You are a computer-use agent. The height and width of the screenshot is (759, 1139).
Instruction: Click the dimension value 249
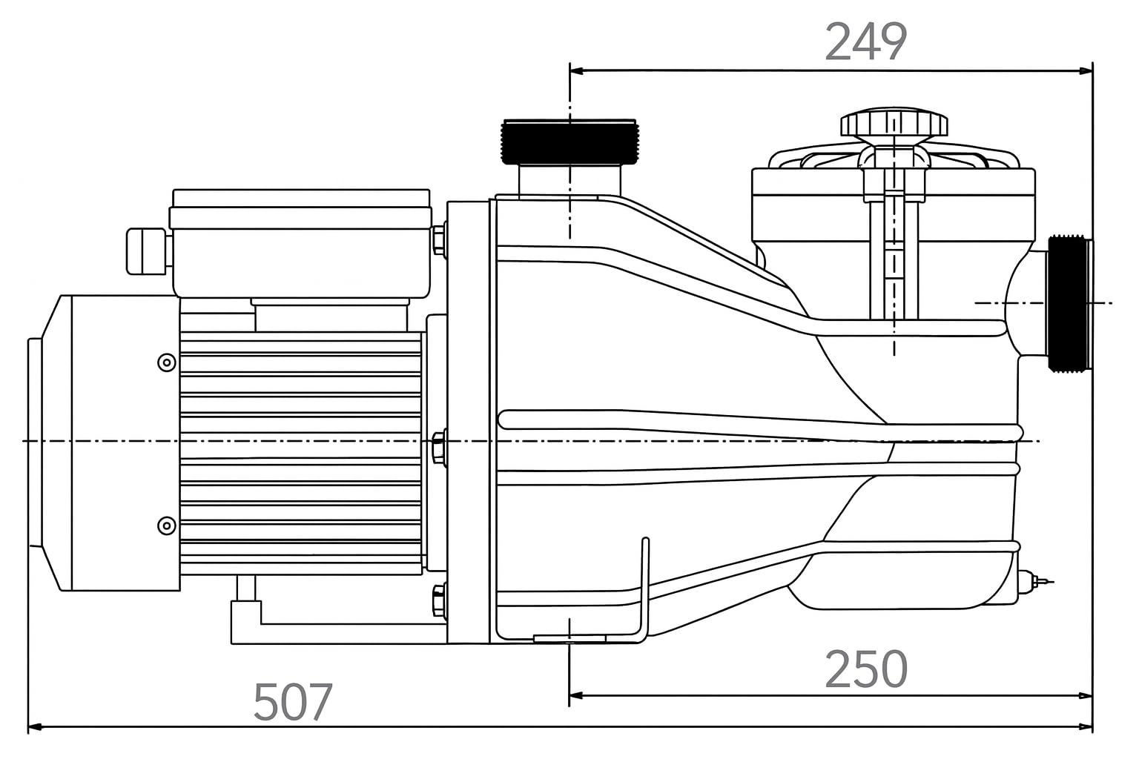coord(865,42)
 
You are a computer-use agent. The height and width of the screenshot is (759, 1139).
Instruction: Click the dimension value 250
coord(866,669)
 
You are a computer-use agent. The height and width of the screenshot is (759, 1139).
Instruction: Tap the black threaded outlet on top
coord(569,142)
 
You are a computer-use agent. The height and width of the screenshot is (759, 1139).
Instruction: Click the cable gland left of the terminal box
coord(147,252)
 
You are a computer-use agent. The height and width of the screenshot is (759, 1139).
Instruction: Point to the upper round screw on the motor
coord(167,362)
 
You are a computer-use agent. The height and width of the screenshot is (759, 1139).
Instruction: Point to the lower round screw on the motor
coord(167,526)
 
